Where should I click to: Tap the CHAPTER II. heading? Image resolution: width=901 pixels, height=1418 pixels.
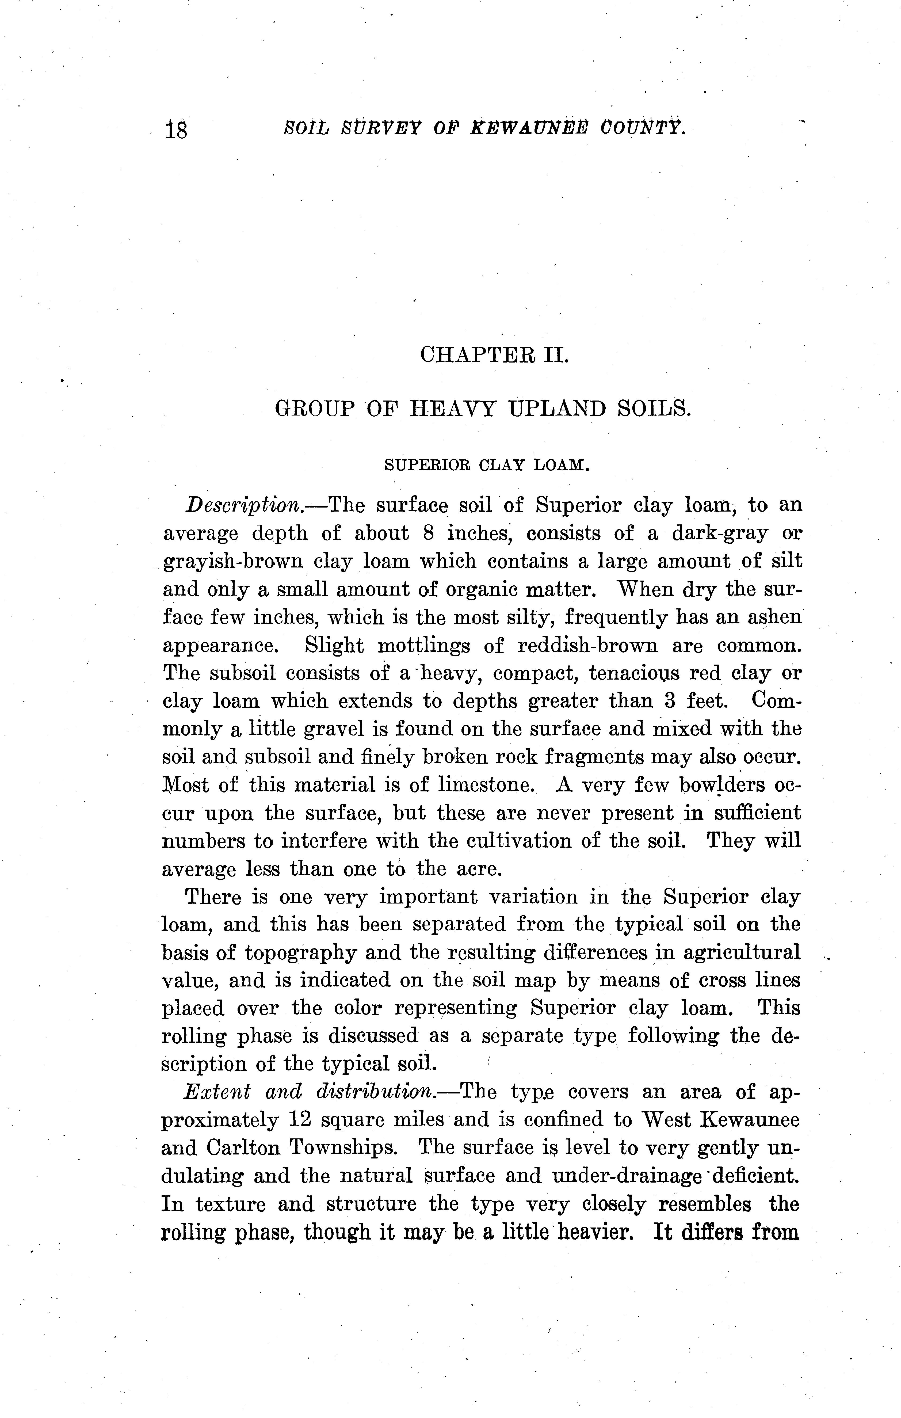[495, 355]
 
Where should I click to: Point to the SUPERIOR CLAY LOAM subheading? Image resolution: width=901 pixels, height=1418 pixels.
[486, 465]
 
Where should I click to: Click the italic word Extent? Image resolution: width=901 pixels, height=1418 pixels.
[217, 1092]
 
